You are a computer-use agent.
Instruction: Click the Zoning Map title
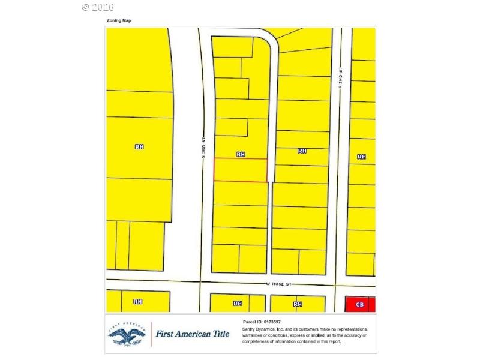click(118, 20)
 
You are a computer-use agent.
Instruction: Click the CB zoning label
click(359, 304)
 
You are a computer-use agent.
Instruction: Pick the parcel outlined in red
click(241, 170)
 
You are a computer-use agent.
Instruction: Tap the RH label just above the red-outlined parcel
click(241, 154)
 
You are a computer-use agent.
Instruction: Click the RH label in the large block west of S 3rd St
click(139, 146)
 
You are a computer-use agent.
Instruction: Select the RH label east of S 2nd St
click(361, 157)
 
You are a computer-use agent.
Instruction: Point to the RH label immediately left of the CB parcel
click(298, 304)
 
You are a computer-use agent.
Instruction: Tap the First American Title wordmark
click(193, 334)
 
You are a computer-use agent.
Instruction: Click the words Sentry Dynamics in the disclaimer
click(259, 329)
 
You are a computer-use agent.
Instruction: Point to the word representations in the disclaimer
click(349, 329)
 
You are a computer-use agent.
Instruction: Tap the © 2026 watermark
click(97, 7)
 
